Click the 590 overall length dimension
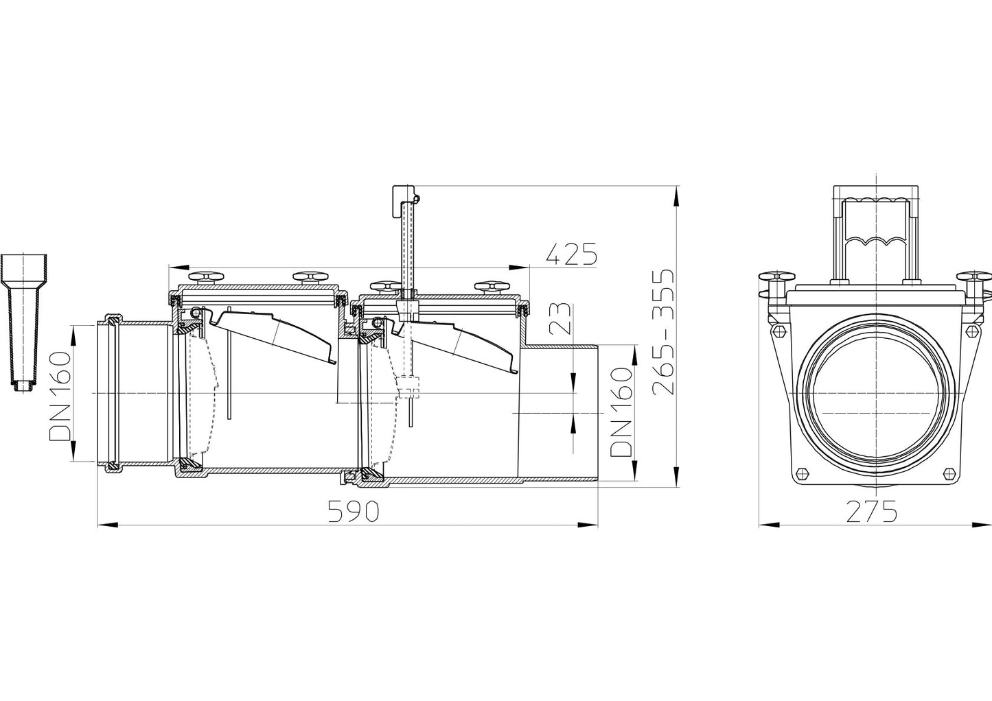pos(352,511)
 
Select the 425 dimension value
pos(571,254)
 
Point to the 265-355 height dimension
pos(664,332)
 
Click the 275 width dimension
pos(871,511)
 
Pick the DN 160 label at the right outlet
pos(621,412)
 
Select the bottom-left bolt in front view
pos(800,473)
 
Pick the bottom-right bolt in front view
pos(950,473)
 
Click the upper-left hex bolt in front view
pos(778,331)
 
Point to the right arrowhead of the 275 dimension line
pos(982,525)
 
